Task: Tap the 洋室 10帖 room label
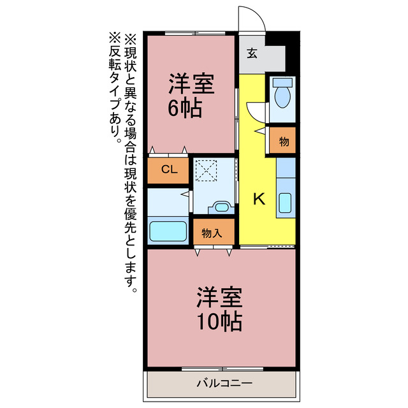click(219, 309)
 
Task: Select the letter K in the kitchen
click(259, 199)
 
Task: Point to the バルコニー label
click(224, 384)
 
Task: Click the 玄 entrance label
click(252, 54)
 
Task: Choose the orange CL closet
click(168, 170)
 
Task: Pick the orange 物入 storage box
click(212, 233)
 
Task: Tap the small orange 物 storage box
click(283, 141)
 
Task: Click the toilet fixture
click(282, 96)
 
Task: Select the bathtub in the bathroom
click(168, 231)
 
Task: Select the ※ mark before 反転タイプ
click(115, 38)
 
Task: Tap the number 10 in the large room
click(205, 322)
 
